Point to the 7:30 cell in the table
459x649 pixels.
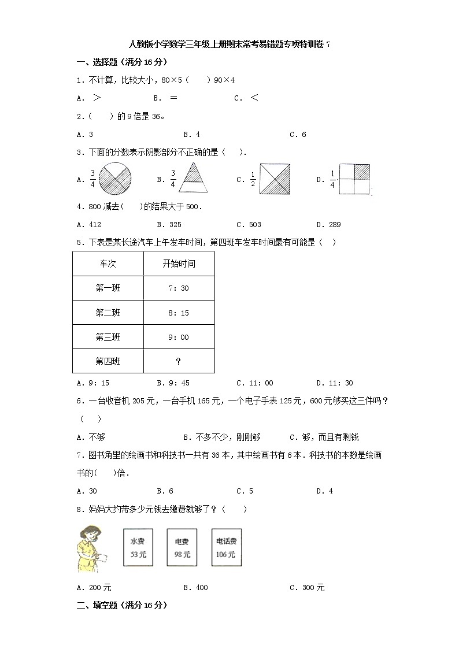179,288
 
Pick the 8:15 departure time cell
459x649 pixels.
179,313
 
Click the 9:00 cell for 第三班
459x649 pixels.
179,337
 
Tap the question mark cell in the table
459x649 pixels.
179,361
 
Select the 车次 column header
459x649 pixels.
108,264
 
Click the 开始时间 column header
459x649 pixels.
179,264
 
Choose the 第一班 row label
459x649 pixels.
108,288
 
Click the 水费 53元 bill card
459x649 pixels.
138,548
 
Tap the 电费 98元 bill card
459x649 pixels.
182,548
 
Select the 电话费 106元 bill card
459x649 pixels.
226,548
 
